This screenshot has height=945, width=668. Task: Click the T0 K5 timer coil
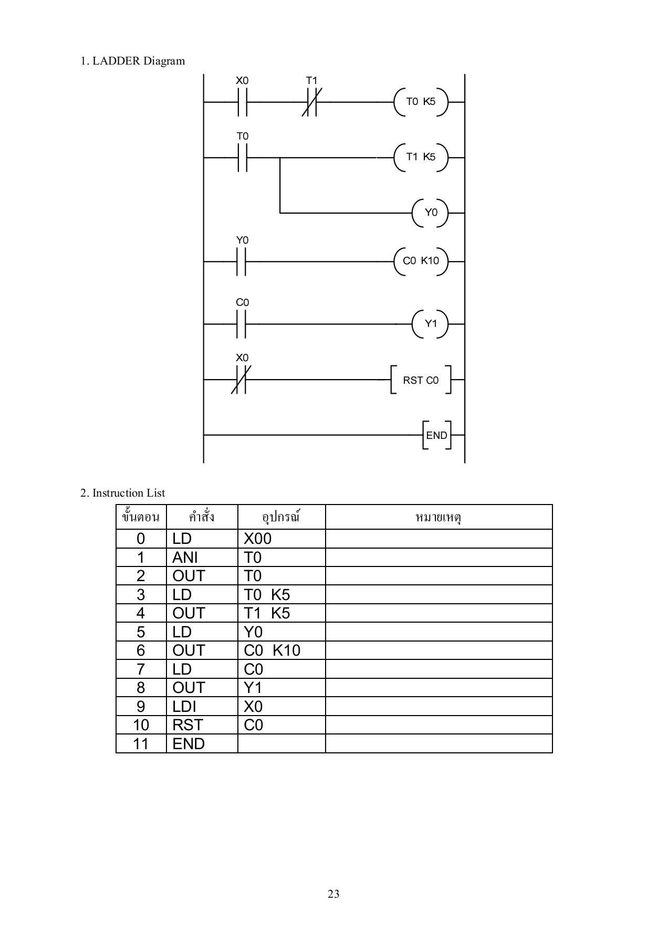pos(421,102)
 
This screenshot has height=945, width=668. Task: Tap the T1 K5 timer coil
pos(421,157)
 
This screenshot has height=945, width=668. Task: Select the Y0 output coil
pos(431,213)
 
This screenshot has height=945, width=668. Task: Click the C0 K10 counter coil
pos(421,261)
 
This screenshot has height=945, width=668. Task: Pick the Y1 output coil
pos(431,324)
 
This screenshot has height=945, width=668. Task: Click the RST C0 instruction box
pos(421,380)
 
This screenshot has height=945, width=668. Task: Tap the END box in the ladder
pos(436,435)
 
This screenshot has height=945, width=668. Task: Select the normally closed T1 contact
pos(312,102)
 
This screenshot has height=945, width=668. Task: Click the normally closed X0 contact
pos(242,380)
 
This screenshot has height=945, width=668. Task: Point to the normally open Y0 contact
pos(242,261)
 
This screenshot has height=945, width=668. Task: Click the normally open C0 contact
pos(242,324)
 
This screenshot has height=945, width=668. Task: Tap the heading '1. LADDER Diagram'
pos(132,61)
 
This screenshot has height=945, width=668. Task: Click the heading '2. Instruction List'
pos(122,493)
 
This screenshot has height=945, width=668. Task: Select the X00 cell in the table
pos(257,539)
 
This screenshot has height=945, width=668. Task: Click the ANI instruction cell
pos(185,558)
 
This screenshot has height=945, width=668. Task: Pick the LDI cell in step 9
pos(184,707)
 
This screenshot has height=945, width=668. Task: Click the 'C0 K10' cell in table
pos(272,650)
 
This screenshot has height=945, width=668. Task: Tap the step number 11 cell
pos(141,744)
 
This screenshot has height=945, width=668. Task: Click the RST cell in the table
pos(187,725)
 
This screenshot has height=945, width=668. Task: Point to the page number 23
pos(333,894)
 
